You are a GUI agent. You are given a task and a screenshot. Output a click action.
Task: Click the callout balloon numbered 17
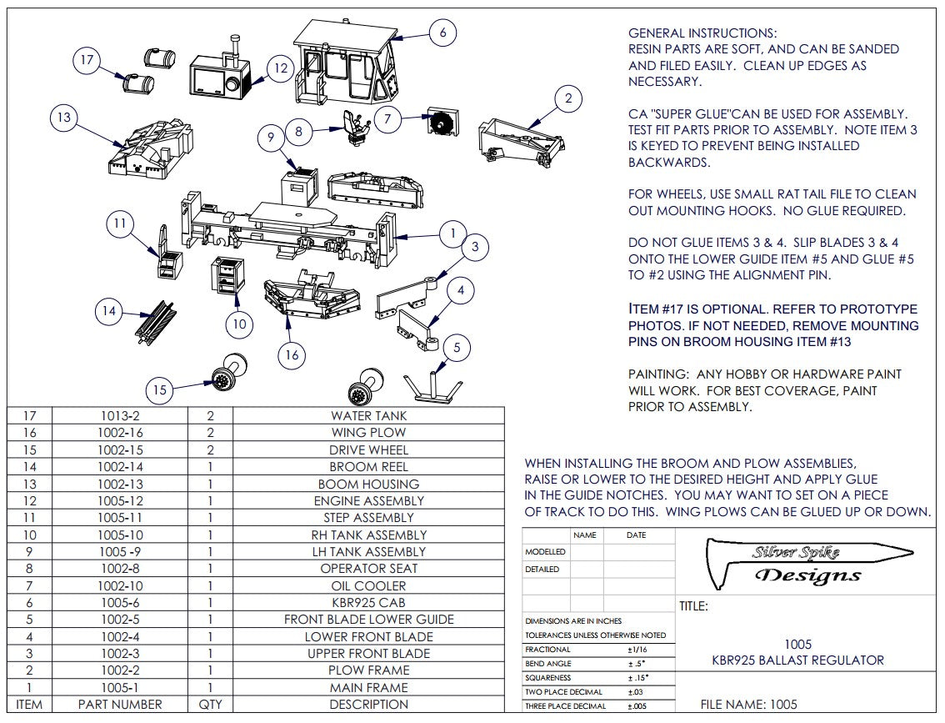pos(86,60)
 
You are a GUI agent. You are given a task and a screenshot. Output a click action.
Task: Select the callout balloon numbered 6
pos(442,33)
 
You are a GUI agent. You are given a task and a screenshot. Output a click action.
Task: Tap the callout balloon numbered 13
pos(63,118)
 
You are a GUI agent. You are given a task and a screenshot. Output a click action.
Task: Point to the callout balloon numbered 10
pos(239,323)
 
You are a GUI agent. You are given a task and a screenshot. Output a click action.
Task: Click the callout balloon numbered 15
pos(160,389)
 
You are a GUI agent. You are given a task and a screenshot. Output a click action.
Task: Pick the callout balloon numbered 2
pos(567,99)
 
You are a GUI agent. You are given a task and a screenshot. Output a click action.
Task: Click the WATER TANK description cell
pos(368,415)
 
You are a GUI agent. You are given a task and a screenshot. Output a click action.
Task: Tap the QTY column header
pos(210,705)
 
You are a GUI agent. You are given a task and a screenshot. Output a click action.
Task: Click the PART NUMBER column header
pos(120,705)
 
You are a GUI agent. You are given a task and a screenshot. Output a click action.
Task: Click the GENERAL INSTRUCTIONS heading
pos(702,33)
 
